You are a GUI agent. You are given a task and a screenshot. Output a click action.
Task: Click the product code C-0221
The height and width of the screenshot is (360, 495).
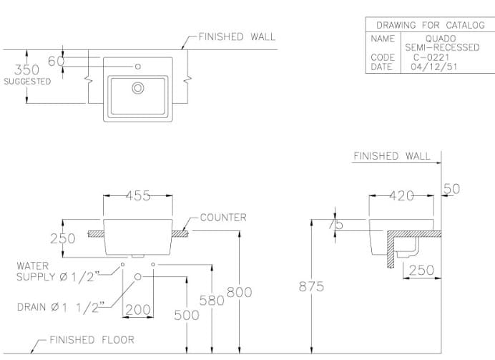(x=431, y=57)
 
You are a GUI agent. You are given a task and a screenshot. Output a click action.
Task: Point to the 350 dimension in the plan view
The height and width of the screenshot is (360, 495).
(x=27, y=69)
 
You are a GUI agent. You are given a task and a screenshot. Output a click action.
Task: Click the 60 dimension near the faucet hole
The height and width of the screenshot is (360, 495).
(x=56, y=62)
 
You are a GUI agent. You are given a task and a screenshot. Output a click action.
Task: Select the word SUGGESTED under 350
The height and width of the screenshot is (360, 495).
(x=27, y=82)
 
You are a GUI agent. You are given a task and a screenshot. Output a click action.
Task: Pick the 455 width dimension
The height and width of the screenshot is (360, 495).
(x=138, y=196)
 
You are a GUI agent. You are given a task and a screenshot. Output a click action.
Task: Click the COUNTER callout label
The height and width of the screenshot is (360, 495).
(x=223, y=217)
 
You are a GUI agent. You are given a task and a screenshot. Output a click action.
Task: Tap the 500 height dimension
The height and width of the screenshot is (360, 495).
(x=187, y=315)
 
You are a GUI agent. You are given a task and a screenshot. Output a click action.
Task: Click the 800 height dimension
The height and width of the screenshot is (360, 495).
(x=239, y=292)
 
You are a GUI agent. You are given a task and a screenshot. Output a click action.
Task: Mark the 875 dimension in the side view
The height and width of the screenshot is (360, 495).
(x=311, y=287)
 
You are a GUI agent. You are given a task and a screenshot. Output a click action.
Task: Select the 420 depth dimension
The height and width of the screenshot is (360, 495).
(x=403, y=196)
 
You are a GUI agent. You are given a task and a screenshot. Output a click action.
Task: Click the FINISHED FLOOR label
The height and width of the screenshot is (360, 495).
(x=91, y=340)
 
